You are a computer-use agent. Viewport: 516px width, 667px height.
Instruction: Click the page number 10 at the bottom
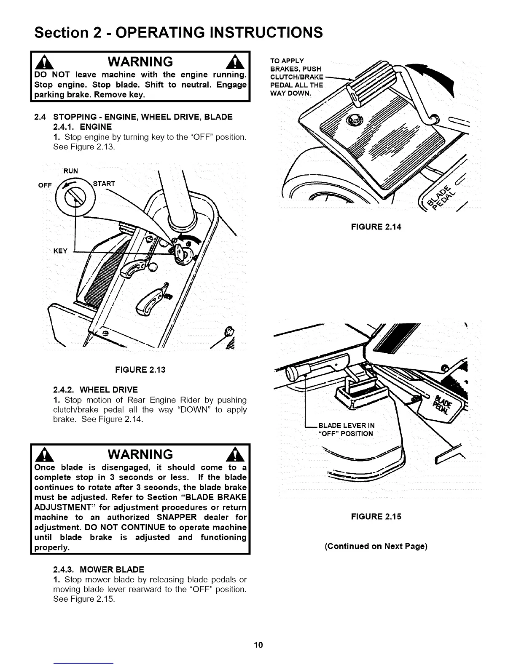[258, 645]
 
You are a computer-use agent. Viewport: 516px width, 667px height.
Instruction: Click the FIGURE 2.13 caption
[140, 370]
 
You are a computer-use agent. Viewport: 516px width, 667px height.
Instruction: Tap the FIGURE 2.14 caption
[376, 227]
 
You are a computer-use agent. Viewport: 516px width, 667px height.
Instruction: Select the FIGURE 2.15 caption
[376, 517]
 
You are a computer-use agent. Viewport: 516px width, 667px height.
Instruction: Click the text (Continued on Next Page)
[376, 547]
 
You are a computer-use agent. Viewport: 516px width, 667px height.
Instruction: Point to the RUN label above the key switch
[70, 171]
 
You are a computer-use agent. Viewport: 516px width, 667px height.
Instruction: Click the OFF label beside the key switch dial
[45, 185]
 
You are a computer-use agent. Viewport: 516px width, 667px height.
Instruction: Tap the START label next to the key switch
[104, 184]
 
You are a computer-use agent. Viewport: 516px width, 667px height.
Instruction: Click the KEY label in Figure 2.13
[60, 251]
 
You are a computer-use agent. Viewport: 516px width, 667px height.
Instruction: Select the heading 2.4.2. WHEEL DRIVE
[96, 390]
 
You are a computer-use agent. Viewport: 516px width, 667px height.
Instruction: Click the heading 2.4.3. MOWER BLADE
[99, 570]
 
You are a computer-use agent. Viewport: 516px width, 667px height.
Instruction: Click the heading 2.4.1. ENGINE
[83, 127]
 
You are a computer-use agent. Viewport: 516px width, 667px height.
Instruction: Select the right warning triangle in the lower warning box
[233, 454]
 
